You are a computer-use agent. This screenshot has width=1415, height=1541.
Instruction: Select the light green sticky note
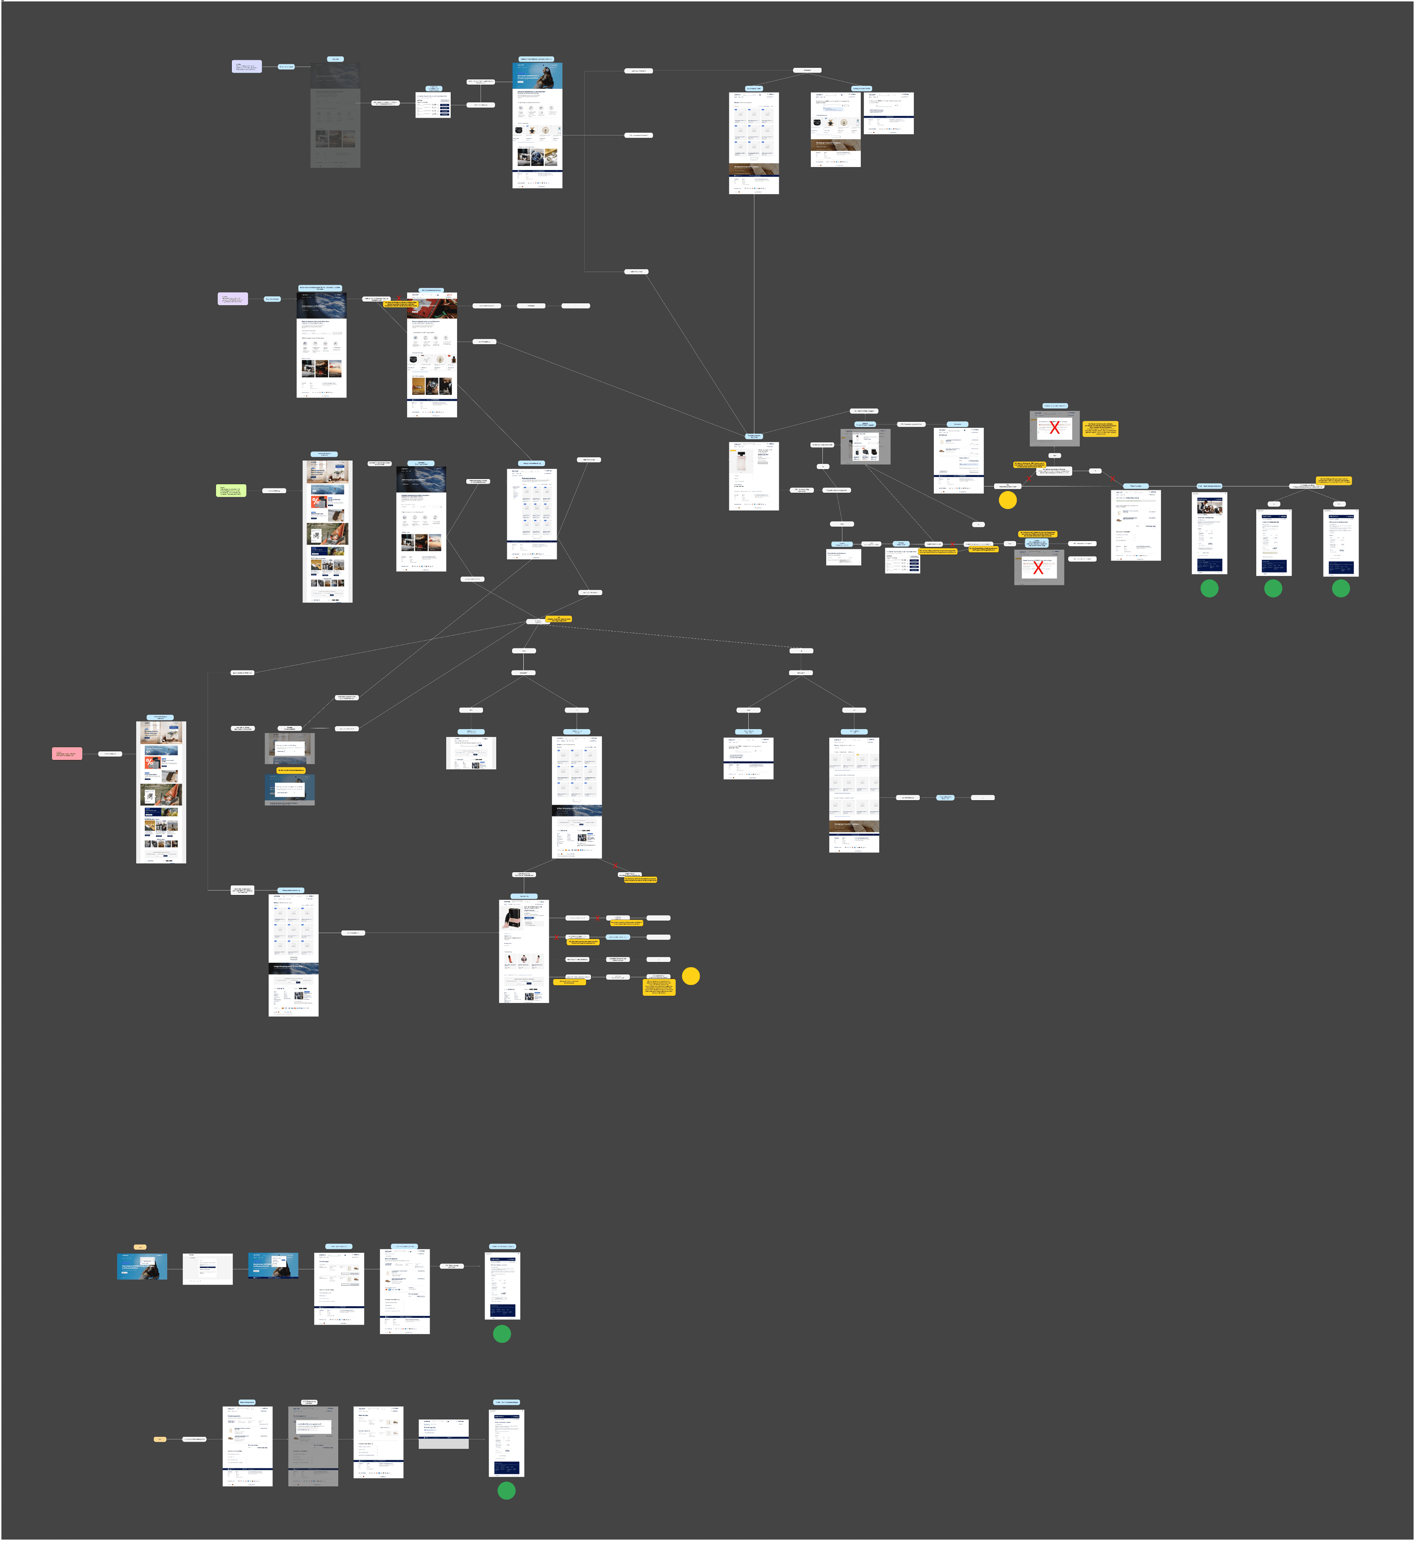point(230,491)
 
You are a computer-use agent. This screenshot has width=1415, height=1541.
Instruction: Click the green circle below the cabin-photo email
point(1209,588)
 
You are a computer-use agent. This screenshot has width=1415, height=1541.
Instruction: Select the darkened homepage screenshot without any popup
point(335,115)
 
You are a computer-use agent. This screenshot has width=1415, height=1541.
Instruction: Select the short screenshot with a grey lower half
point(443,1433)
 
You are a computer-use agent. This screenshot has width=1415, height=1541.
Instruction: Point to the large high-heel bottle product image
point(511,915)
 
